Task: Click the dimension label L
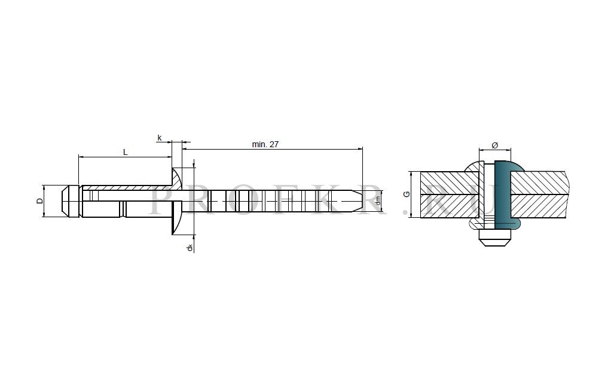[126, 152]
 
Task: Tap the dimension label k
[160, 138]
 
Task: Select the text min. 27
[265, 144]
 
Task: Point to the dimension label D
[39, 201]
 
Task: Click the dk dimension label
[190, 248]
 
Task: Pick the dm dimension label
[378, 201]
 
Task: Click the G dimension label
[407, 194]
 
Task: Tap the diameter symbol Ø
[494, 145]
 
